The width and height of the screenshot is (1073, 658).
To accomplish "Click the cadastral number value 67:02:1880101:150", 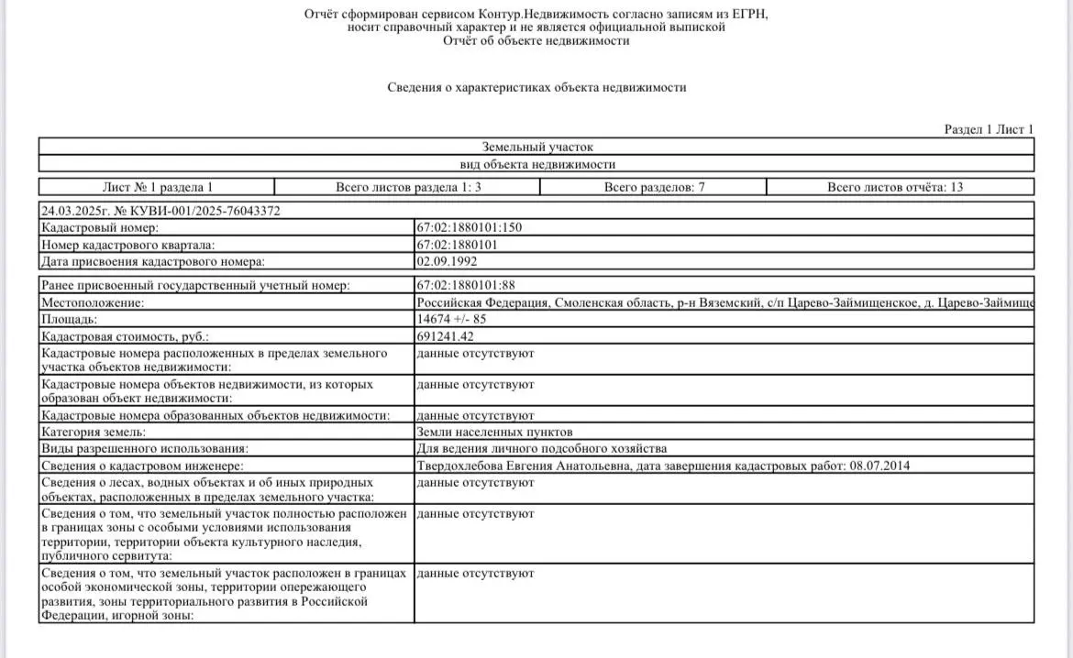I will click(469, 227).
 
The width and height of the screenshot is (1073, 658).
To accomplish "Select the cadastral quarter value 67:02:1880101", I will click(457, 245).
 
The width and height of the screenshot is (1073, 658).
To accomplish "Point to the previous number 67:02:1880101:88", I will click(466, 286).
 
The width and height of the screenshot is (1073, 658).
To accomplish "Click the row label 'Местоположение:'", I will click(93, 302).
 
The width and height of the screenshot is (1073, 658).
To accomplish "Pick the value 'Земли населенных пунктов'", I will click(494, 432).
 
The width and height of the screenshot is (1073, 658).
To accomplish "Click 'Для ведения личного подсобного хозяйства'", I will click(541, 448).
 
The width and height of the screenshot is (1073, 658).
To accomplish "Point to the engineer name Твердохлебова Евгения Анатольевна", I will click(523, 466).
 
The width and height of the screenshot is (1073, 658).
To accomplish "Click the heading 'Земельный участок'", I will click(537, 147).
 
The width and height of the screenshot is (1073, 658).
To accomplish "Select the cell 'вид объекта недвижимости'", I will click(537, 164).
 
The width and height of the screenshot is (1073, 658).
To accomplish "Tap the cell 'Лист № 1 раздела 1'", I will click(158, 187).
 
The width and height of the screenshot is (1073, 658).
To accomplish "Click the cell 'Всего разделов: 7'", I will click(653, 187).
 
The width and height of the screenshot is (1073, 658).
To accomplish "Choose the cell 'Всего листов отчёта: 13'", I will click(895, 187).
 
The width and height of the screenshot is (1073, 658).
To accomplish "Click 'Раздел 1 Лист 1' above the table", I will click(989, 129).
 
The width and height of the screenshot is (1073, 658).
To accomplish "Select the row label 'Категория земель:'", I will click(94, 432).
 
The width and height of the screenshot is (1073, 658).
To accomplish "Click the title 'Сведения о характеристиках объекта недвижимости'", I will click(536, 87).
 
